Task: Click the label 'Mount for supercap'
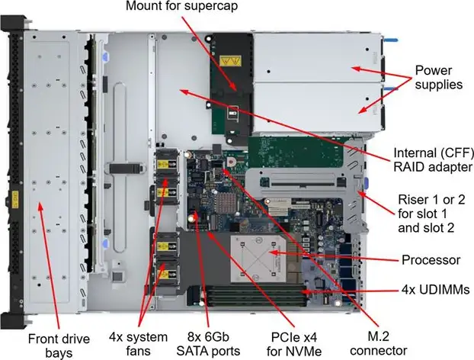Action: [181, 6]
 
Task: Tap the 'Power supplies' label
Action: [438, 77]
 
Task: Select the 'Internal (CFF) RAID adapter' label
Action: [434, 159]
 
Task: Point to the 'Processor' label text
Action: [431, 260]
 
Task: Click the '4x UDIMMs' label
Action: [435, 290]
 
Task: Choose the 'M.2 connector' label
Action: [378, 344]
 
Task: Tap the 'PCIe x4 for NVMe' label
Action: [294, 344]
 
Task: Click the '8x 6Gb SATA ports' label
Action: [208, 344]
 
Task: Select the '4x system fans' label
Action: [138, 344]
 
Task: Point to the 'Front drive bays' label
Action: [59, 346]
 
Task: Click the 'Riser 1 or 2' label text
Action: [431, 200]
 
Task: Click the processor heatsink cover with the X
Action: [258, 259]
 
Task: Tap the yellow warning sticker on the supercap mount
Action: [230, 61]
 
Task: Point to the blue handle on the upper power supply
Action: [391, 40]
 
